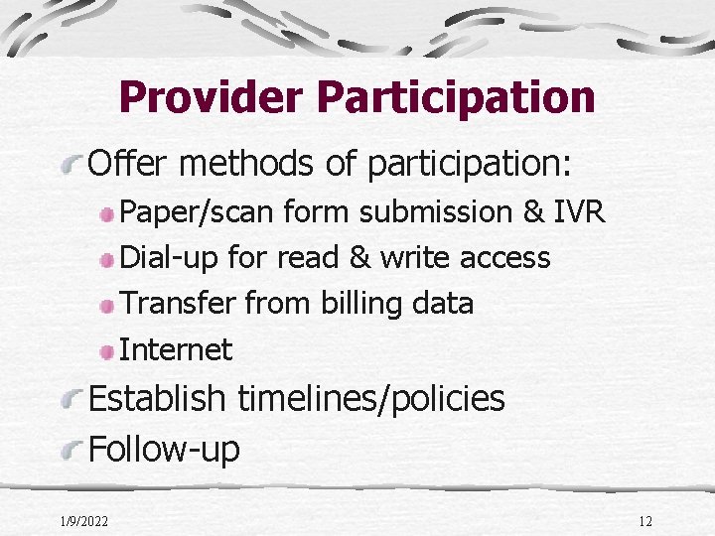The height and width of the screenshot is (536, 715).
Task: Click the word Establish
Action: coord(158,399)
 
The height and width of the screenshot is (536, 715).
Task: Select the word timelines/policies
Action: coord(371,399)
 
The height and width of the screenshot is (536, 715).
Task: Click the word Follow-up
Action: coord(165,449)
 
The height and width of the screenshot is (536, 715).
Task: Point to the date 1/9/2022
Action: coord(84,521)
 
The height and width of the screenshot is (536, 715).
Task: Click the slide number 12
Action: coord(644,521)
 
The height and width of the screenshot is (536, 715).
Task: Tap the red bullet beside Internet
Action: coord(107,350)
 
